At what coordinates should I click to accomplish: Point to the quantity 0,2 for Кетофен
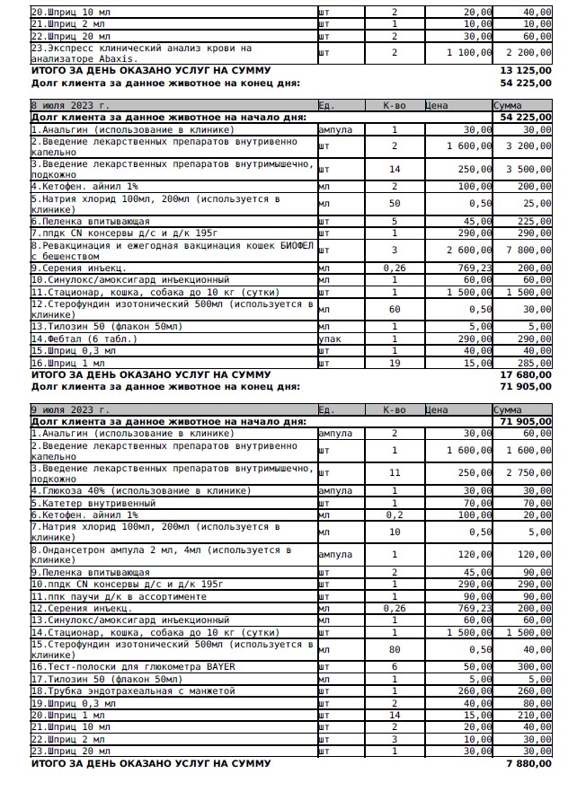[x=394, y=515]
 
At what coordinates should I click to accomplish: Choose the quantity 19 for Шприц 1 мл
[x=394, y=362]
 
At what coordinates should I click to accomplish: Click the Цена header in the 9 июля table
[x=437, y=409]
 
